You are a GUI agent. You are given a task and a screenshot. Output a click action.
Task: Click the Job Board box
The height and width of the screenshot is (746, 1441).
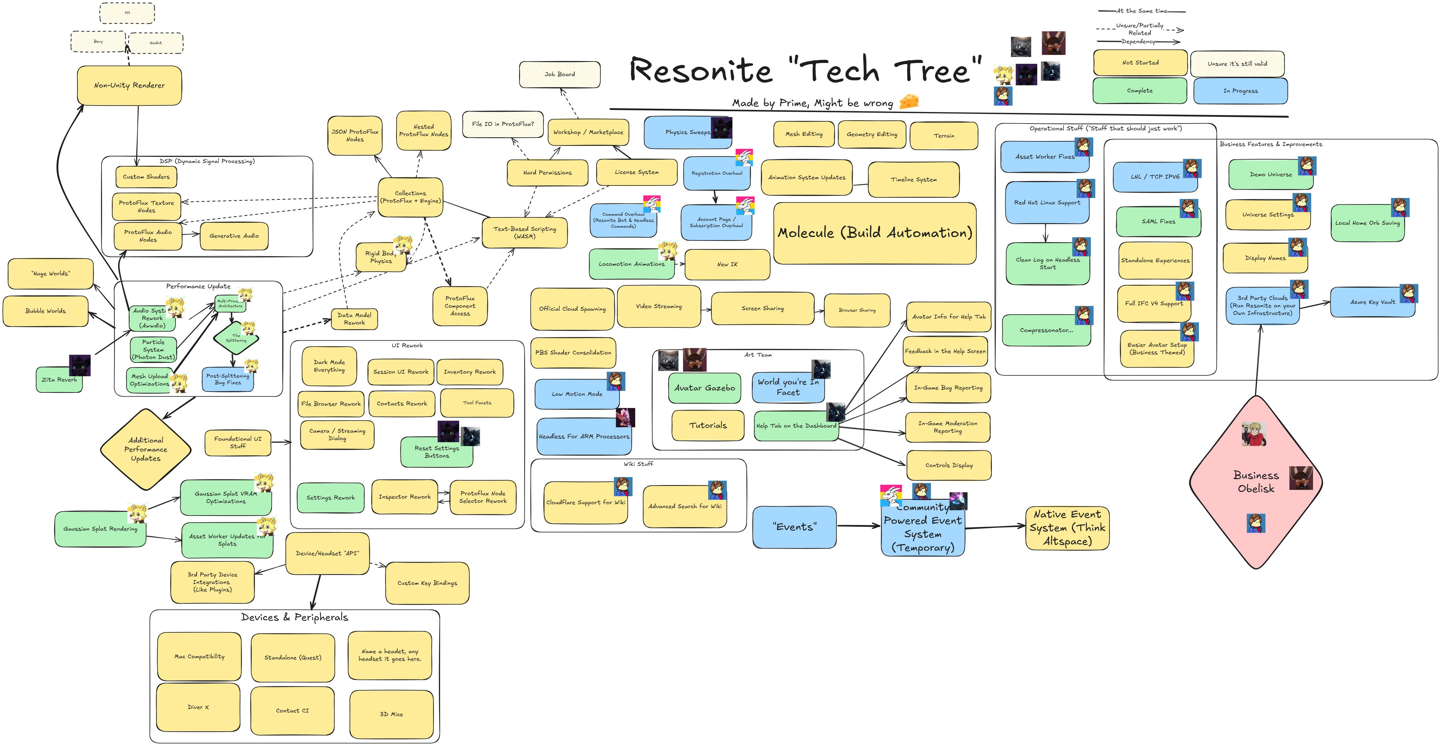(559, 74)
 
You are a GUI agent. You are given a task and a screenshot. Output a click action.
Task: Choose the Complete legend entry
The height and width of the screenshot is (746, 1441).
(1140, 90)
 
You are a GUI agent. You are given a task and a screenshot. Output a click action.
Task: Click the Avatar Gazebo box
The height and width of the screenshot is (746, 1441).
(704, 388)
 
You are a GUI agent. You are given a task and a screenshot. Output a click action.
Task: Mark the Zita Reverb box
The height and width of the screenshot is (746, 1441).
(59, 380)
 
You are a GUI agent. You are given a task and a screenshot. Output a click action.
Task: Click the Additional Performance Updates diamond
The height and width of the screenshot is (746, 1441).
(145, 449)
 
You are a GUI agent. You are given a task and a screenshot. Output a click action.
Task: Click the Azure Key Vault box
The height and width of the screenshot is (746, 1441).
(1372, 302)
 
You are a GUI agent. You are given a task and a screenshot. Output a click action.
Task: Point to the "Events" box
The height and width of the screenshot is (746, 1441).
(794, 527)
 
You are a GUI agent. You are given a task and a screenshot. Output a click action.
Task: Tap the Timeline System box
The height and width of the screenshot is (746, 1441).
(913, 179)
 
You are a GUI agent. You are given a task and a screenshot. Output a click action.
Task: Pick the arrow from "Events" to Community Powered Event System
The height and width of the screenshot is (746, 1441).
(859, 526)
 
